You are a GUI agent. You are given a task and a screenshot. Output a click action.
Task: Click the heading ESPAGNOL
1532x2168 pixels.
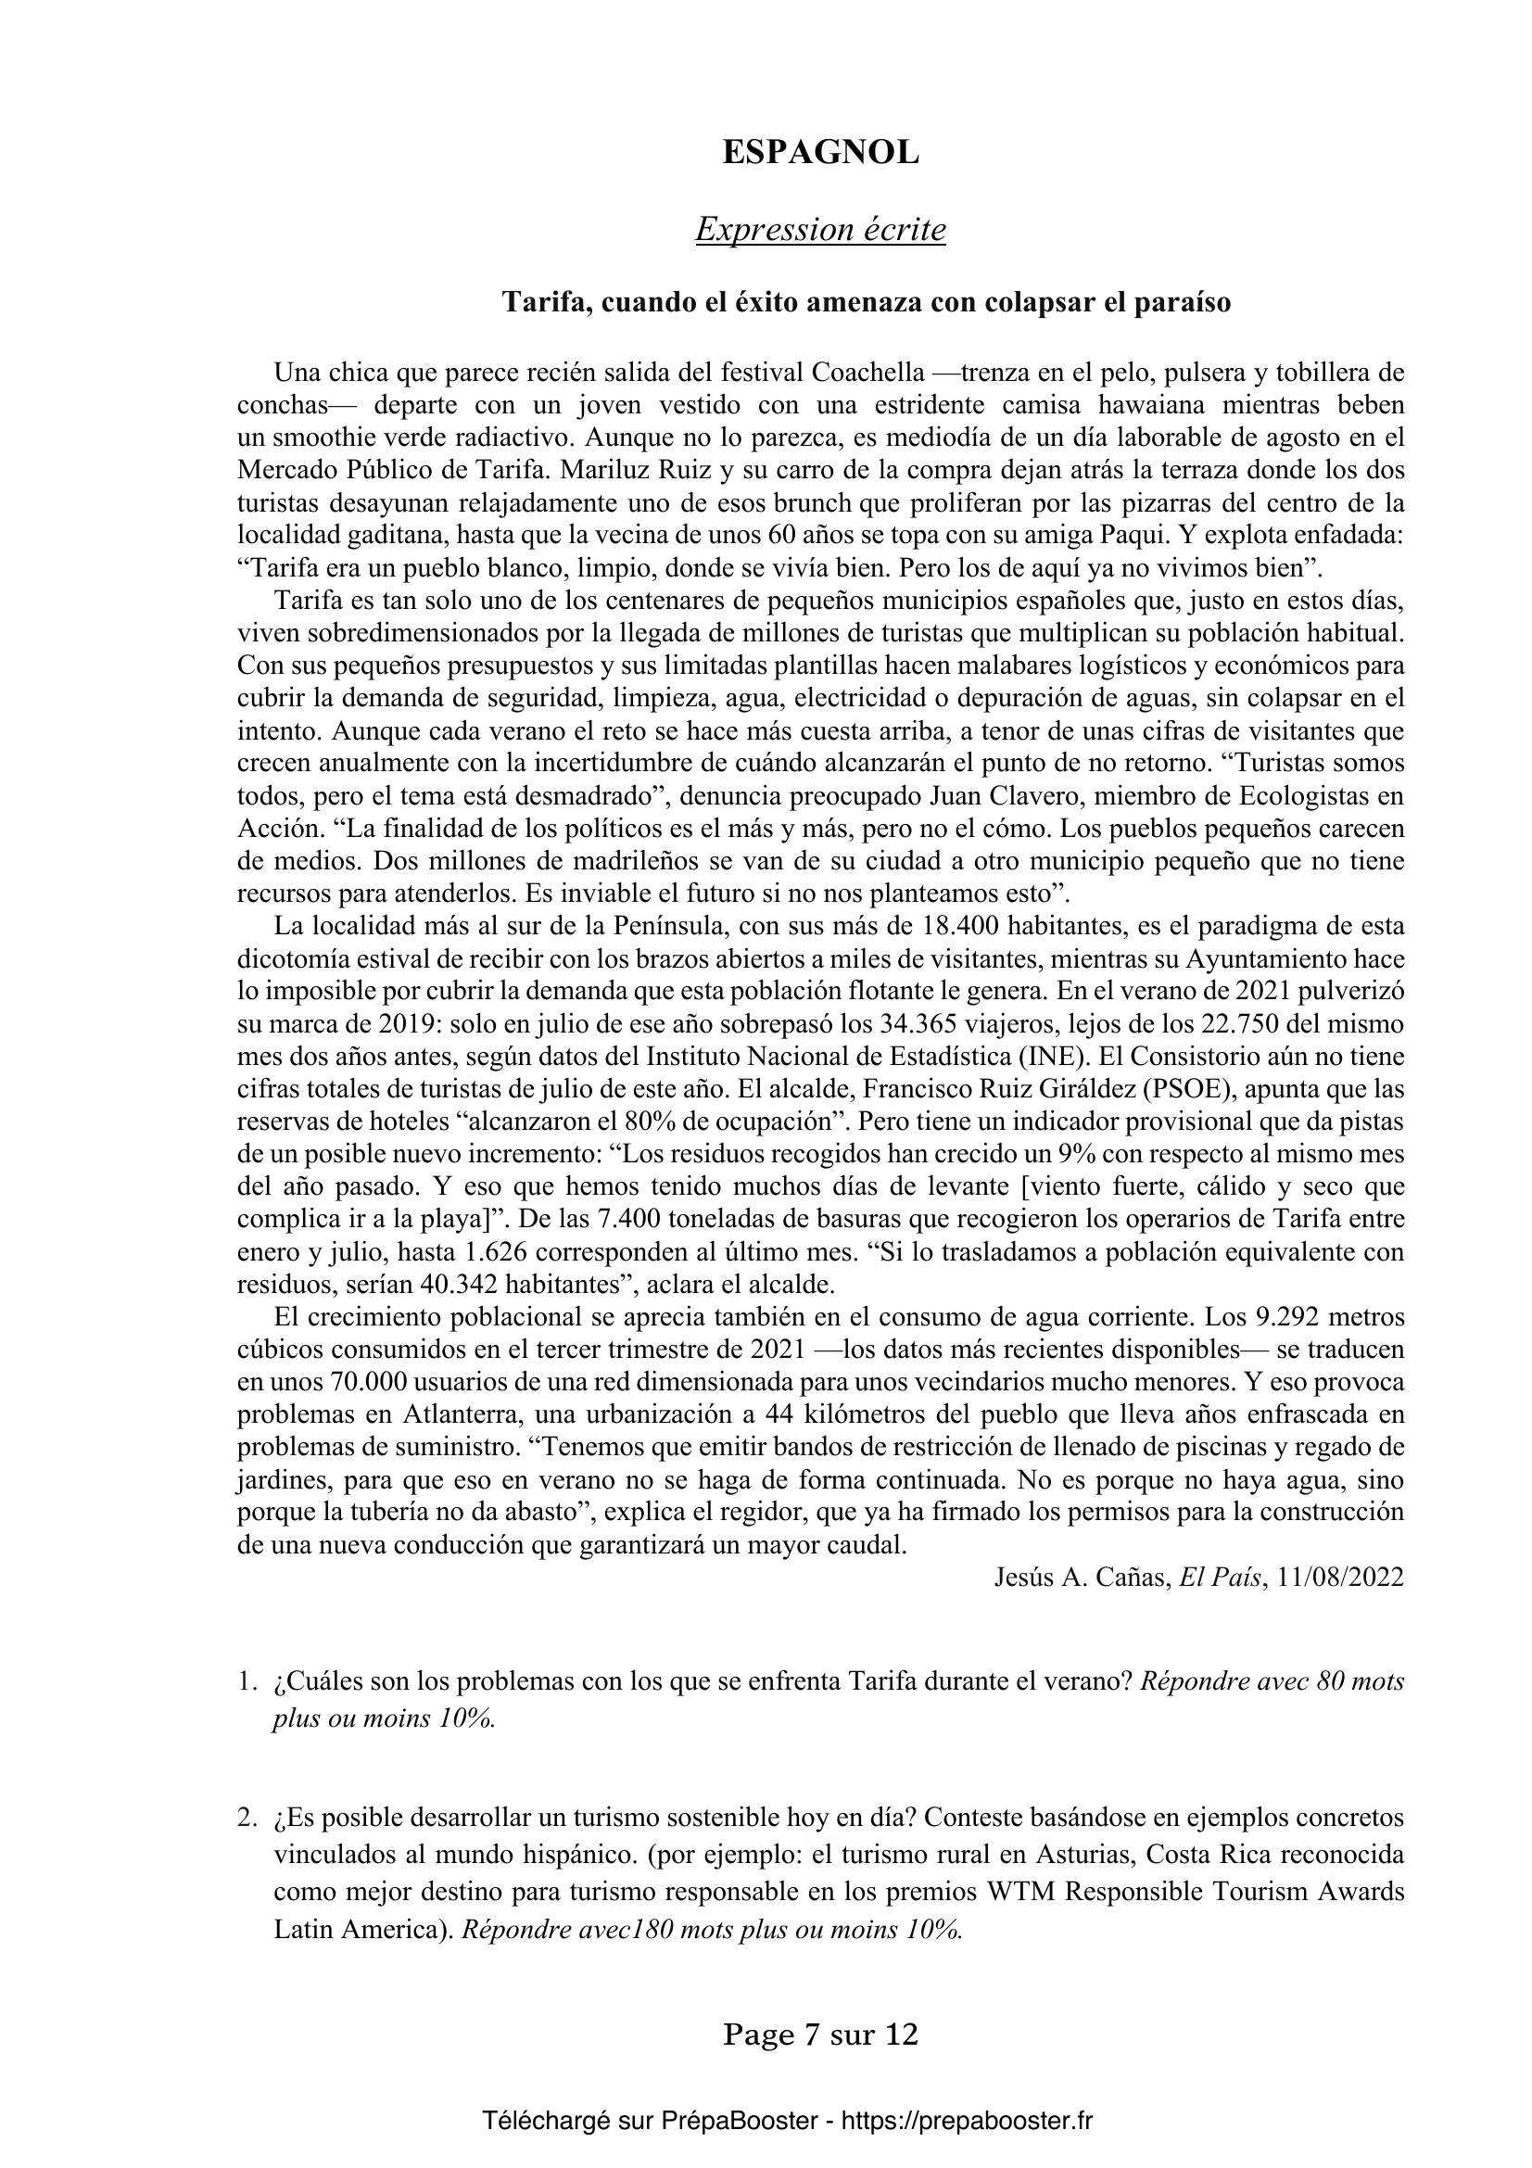(820, 153)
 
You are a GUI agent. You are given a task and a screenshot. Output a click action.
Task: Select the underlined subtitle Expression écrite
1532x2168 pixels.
(820, 230)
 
